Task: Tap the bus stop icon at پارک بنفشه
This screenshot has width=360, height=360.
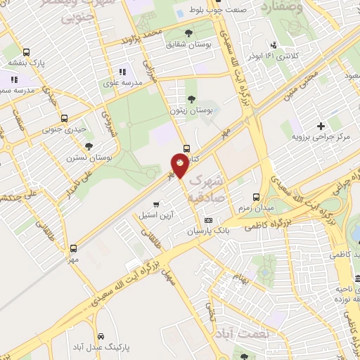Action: point(27,53)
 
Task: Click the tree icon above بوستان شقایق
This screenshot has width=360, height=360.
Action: point(188,33)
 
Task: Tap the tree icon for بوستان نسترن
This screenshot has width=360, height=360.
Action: point(88,146)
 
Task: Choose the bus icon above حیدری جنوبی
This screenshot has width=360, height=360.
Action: point(64,118)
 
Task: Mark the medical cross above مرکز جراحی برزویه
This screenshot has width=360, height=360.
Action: point(321,126)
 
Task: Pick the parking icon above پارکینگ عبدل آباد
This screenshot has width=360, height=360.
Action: point(103,336)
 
